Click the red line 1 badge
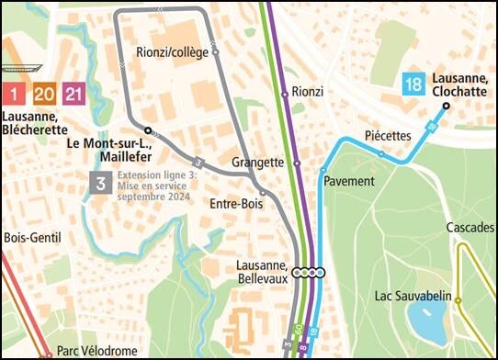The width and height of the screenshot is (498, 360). (14, 94)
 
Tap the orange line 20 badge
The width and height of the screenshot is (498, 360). (43, 94)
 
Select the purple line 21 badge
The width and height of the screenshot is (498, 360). (74, 94)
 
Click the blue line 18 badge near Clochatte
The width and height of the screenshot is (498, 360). (413, 85)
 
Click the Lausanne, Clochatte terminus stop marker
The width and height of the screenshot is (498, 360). (446, 107)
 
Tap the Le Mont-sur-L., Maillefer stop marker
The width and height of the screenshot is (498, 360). (147, 129)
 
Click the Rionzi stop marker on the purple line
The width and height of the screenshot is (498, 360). (285, 93)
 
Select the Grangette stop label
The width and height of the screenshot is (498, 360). (257, 163)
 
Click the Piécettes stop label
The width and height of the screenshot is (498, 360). (388, 136)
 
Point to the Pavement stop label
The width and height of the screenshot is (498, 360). (349, 181)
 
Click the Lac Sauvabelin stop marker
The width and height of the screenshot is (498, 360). (458, 299)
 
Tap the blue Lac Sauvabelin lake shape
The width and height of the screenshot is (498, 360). (427, 321)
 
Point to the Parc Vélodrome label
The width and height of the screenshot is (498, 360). (96, 351)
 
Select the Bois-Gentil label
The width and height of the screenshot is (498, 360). (31, 238)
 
